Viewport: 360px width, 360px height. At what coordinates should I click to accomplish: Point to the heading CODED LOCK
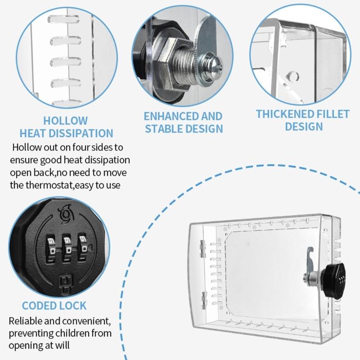(x=54, y=306)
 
